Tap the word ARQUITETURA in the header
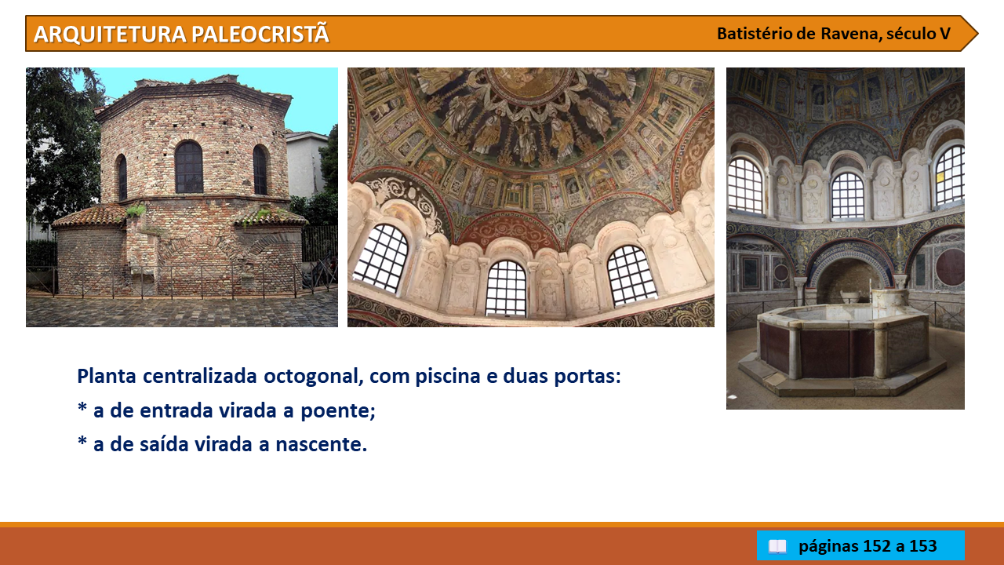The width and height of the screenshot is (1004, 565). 110,35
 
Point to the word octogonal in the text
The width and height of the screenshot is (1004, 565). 313,376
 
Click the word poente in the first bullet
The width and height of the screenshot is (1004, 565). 337,410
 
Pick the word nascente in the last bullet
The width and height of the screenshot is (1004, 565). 321,444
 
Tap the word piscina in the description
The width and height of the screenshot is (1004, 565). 448,376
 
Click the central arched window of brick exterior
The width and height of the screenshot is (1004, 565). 189,167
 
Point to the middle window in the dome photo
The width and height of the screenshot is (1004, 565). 506,288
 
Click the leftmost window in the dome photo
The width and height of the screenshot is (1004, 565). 381,258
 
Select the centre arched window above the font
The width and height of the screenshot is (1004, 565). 848,195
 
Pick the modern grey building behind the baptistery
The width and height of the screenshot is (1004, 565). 307,164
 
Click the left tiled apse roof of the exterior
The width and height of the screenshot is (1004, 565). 89,216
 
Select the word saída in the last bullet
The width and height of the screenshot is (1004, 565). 165,444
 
